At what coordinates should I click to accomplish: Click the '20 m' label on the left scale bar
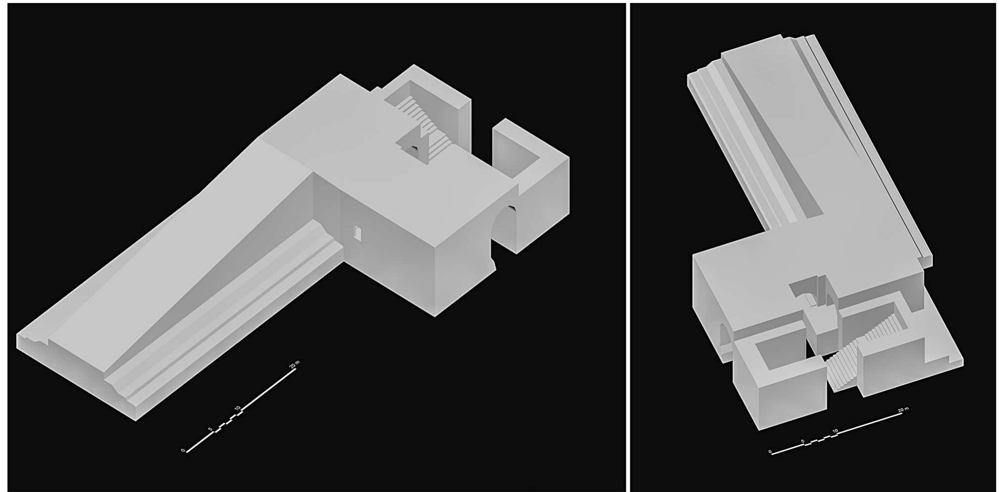coord(294,364)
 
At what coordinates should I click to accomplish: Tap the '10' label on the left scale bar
coord(238,408)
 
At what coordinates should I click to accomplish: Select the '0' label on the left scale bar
coord(183,450)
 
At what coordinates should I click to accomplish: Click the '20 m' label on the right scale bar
coord(903,410)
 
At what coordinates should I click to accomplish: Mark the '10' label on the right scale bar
coord(835,431)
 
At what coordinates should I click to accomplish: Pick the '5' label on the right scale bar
coord(802,441)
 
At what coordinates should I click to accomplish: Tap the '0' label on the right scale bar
coord(770,451)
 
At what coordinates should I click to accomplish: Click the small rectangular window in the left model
coord(357,233)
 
